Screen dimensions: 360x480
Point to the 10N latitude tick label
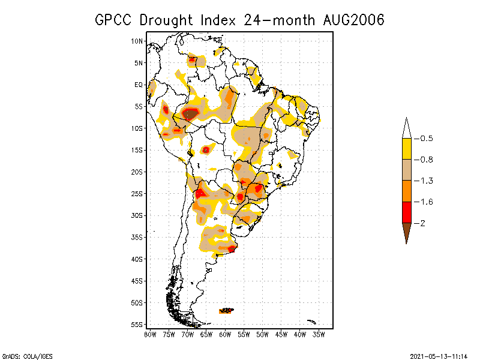coord(137,41)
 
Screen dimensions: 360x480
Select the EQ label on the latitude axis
coord(139,85)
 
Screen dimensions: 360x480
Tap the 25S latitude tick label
coord(137,193)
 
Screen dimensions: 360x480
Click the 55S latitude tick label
coord(137,324)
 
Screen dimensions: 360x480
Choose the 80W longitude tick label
coord(150,334)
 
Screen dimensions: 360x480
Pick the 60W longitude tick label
coord(225,334)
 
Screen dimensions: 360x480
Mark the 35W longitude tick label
coord(319,334)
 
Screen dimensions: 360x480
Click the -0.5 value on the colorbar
coord(424,139)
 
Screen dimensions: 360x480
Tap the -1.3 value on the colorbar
coord(424,181)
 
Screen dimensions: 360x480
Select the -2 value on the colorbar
coord(421,223)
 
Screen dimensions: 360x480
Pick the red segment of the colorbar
coord(406,212)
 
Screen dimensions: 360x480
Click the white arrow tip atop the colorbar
coord(406,128)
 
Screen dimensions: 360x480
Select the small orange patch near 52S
coord(227,310)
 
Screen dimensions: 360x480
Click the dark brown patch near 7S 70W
coord(190,113)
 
